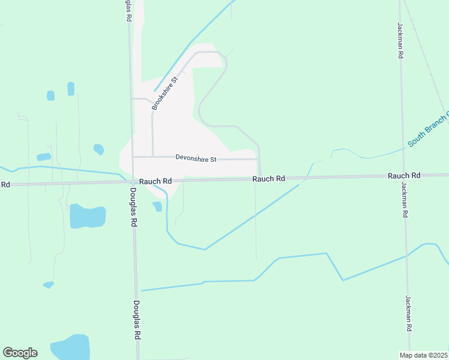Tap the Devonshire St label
pos(196,158)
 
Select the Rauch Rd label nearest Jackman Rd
pos(403,175)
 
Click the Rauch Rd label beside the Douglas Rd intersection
pos(155,181)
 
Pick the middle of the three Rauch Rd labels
pos(268,179)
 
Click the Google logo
pos(20,353)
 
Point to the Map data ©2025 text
pos(424,355)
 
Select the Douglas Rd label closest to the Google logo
pos(137,320)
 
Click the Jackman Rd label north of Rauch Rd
pos(400,40)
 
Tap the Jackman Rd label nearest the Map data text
pos(408,314)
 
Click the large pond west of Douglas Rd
pos(87,216)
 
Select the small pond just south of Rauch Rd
pos(157,206)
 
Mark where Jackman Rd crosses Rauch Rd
pos(403,176)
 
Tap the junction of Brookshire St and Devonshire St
pos(152,157)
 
